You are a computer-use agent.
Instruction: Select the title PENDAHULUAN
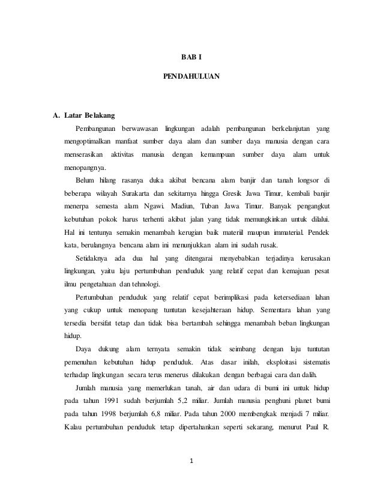pyautogui.click(x=191, y=77)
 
